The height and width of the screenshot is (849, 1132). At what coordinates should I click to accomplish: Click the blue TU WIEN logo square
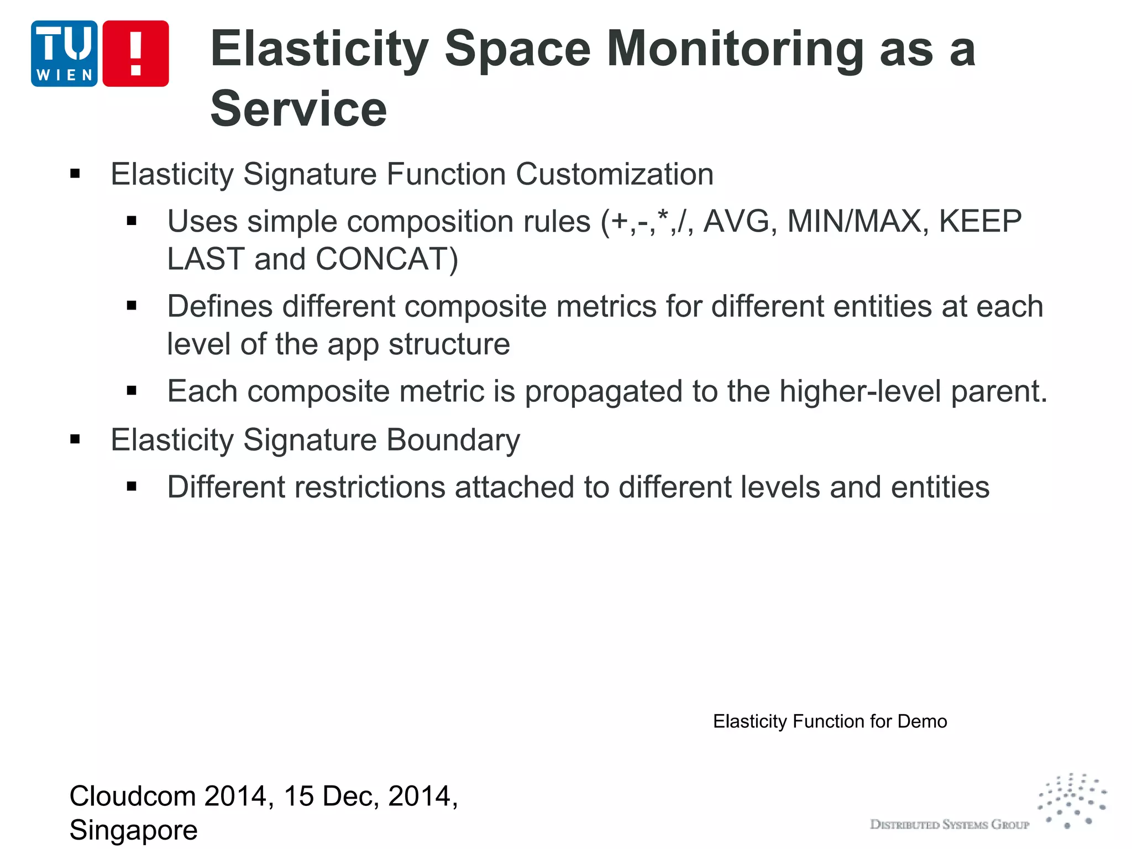pos(64,54)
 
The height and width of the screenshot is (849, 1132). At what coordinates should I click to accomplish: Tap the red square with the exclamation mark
pos(135,54)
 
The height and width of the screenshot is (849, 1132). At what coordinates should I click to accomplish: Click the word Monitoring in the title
pos(735,49)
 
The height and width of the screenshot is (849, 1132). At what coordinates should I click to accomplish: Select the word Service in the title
pos(298,108)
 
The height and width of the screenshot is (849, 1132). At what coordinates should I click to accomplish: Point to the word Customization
pos(614,174)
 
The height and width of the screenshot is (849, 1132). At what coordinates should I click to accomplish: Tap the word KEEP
pos(980,221)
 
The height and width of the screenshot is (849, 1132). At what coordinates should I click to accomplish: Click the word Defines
pos(219,306)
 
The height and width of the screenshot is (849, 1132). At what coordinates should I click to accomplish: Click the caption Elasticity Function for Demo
pos(830,721)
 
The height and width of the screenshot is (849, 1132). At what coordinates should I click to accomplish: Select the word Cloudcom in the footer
pos(133,796)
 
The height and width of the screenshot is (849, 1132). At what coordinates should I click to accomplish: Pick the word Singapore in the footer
pos(133,830)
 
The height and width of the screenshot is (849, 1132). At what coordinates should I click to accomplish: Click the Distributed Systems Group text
pos(950,825)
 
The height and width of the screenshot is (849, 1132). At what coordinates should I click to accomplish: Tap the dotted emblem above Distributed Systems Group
pos(1072,800)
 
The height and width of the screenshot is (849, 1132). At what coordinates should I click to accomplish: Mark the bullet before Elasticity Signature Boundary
pos(75,440)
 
